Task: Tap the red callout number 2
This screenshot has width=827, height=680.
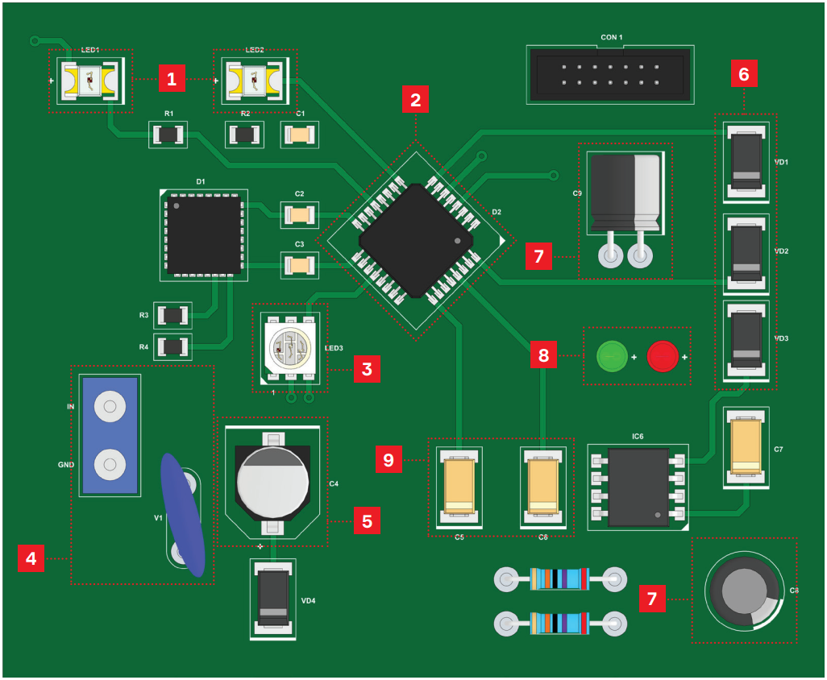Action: [415, 100]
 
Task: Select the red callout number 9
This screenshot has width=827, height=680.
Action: [389, 460]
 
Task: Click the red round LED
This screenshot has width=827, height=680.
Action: [663, 355]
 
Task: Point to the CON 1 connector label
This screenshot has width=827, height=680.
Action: [612, 37]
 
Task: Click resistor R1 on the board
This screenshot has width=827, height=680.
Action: [168, 135]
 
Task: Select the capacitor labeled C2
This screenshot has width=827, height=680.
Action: [299, 215]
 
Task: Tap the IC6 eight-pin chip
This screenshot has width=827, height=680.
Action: [638, 487]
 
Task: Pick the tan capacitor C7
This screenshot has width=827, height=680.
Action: [746, 448]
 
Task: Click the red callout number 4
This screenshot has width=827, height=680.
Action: [31, 558]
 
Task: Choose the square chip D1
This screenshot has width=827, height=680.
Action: [204, 234]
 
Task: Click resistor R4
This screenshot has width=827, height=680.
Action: [173, 347]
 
